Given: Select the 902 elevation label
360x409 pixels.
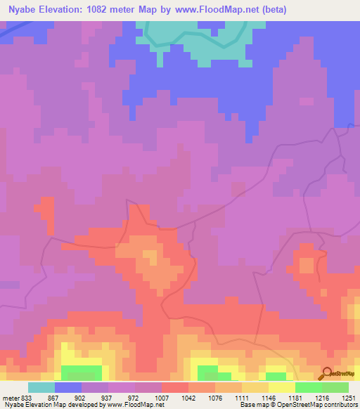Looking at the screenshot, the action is tap(81, 398).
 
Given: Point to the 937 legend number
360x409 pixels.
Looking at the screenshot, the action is tap(108, 398).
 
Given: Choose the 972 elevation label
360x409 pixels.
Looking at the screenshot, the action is tap(134, 398).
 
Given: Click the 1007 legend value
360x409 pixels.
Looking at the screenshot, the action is tap(161, 398).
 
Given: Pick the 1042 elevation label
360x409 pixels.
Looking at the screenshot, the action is tap(188, 398).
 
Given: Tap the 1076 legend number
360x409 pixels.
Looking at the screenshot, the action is tap(214, 398).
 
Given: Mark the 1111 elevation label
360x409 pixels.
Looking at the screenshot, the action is tap(241, 398).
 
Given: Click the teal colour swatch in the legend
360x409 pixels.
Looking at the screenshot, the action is tap(41, 387).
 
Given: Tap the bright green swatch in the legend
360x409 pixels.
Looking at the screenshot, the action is tap(308, 387).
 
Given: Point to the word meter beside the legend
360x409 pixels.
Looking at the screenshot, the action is tap(9, 398).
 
